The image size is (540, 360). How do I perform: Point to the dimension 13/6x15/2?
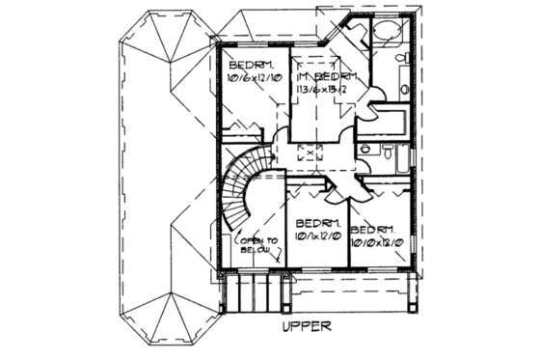tap(330, 90)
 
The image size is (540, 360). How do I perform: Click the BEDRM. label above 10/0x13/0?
tap(372, 229)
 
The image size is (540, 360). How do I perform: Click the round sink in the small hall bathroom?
tap(366, 150)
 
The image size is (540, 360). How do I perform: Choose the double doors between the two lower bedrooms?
tap(340, 188)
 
